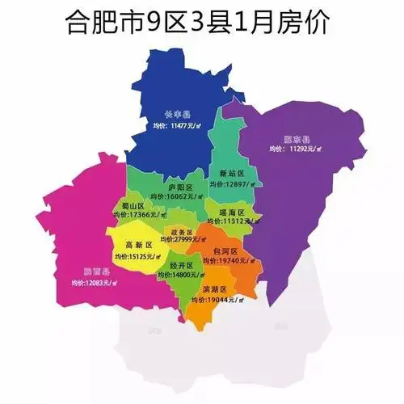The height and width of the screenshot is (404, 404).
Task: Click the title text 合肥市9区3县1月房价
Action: click(x=201, y=23)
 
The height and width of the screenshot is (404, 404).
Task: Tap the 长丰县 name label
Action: click(x=178, y=114)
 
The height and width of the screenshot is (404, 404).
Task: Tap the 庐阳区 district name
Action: click(x=179, y=187)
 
